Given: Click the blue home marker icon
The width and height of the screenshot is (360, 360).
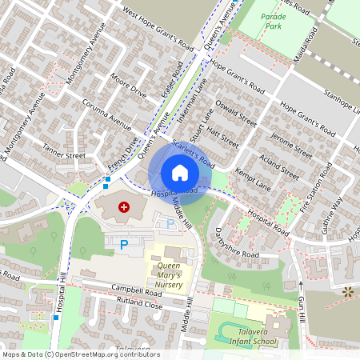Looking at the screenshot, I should pos(180,173).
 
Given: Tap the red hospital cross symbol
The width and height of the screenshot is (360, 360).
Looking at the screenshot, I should pos(124,207).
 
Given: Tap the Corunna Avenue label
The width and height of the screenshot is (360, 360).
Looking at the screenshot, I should pos(106,114).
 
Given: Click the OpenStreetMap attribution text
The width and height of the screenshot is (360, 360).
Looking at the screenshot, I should pos(80,354).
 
